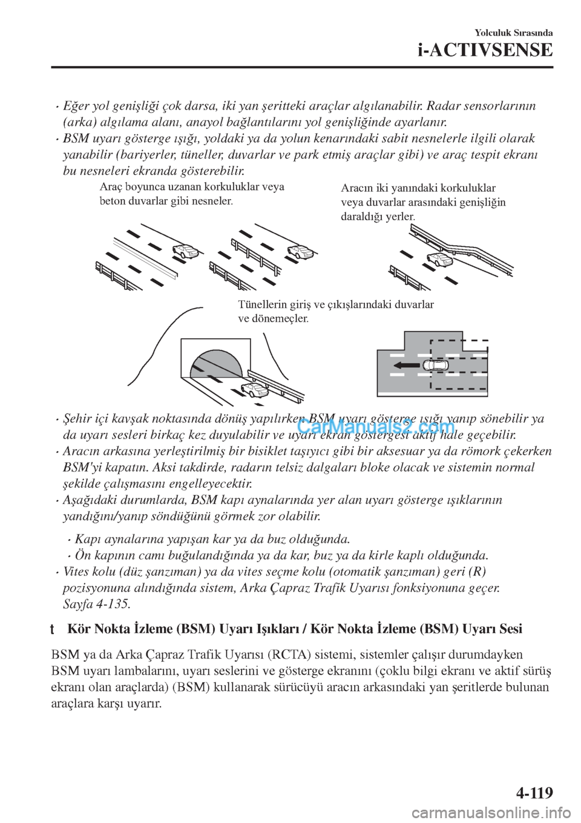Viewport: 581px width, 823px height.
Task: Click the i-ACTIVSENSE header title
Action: (485, 50)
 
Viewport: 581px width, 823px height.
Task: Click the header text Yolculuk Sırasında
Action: (514, 33)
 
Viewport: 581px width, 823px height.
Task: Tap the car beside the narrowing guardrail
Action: (441, 259)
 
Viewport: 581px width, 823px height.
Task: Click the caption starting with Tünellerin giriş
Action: (335, 311)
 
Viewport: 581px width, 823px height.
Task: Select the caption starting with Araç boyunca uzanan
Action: (192, 194)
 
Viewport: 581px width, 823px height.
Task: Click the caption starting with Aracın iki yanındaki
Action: (423, 203)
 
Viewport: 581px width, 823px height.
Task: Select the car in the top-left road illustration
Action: (186, 251)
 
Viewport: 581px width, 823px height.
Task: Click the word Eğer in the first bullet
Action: (74, 107)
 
